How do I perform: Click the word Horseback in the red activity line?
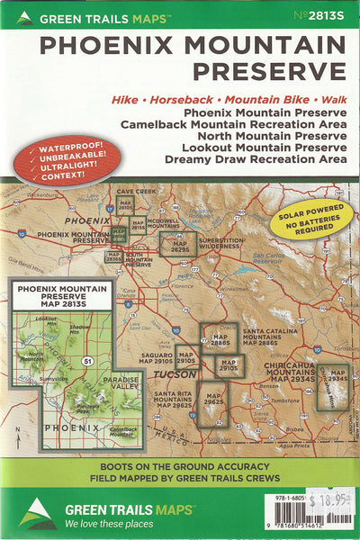click(x=184, y=97)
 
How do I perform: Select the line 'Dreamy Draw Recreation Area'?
click(x=256, y=158)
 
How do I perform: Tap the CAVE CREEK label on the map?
click(x=136, y=192)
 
